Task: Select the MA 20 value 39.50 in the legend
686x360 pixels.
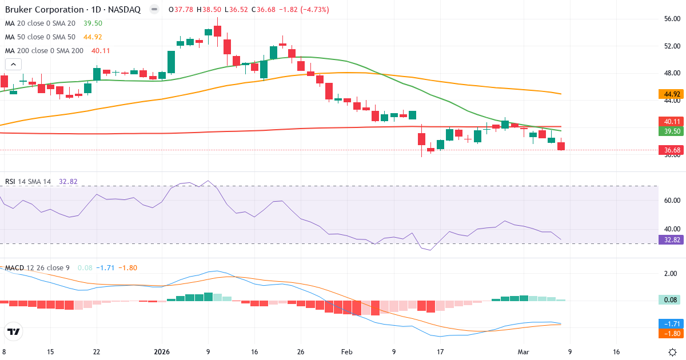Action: tap(93, 23)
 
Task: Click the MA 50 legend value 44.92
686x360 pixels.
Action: tap(93, 37)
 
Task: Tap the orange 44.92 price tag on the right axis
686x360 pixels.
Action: tap(672, 94)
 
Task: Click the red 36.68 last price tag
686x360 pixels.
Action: tap(672, 150)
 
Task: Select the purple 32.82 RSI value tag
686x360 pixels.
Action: tap(672, 239)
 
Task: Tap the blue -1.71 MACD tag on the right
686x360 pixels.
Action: tap(672, 323)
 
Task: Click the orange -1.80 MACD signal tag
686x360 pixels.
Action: tap(672, 333)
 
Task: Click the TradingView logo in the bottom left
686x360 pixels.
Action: tap(14, 331)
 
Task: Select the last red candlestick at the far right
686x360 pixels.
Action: tap(561, 146)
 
